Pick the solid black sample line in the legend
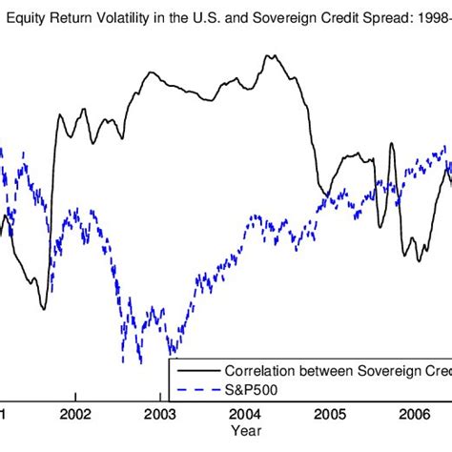pyautogui.click(x=195, y=370)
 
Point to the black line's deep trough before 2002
pyautogui.click(x=43, y=308)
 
